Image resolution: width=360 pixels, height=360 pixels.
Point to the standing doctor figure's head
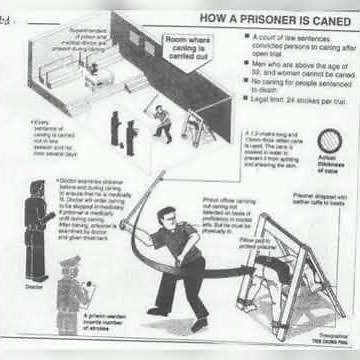click(38, 188)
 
